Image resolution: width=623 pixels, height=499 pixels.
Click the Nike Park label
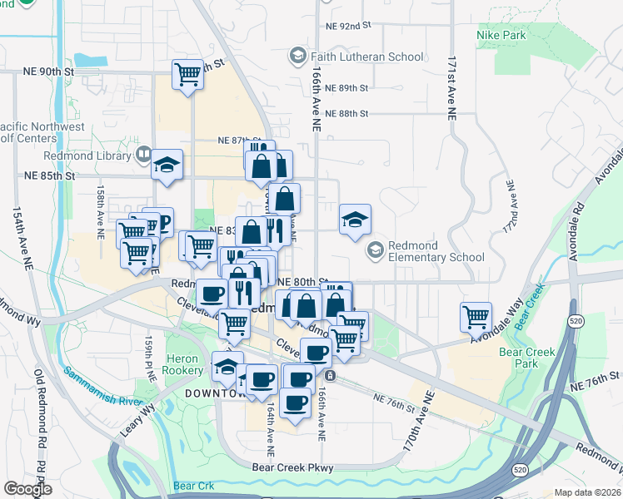[501, 35]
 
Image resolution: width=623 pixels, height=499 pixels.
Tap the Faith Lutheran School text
[366, 57]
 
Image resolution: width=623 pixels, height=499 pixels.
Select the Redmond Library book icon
[143, 155]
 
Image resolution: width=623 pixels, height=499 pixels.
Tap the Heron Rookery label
[183, 363]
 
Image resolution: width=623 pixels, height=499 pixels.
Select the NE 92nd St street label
[349, 26]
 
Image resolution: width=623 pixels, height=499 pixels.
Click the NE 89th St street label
[347, 87]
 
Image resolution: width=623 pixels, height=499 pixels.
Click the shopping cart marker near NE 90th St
[188, 74]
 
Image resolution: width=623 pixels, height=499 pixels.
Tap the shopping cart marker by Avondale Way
[475, 316]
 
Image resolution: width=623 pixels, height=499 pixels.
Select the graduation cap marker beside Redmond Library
[167, 163]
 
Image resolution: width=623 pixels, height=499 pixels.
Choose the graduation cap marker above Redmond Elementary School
[355, 220]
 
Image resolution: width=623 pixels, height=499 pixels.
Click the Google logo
[27, 489]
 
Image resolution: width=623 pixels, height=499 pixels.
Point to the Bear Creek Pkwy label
[292, 468]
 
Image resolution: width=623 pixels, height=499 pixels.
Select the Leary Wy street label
[143, 415]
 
